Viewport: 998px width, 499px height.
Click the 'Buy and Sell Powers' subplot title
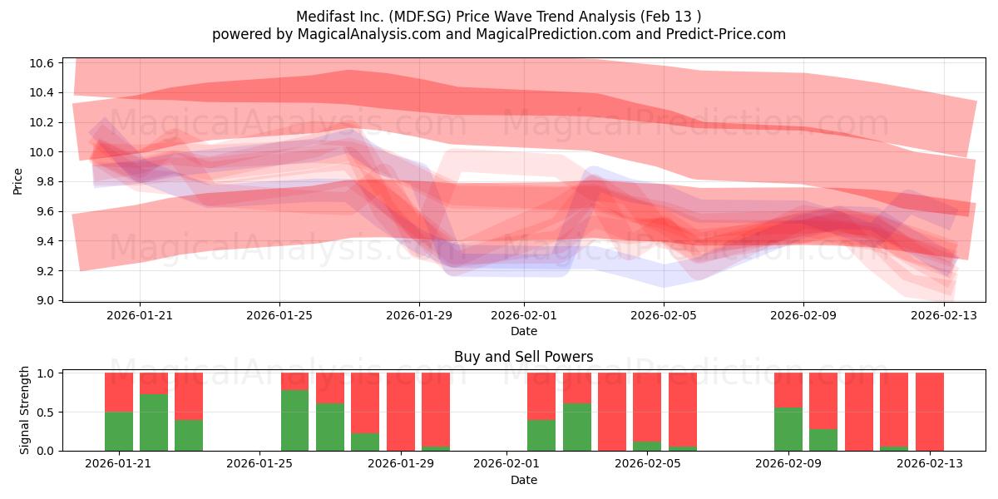point(523,357)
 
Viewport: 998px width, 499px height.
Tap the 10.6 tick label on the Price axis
point(42,63)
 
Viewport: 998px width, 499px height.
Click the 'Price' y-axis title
point(17,181)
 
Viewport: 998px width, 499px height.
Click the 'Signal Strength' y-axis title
point(24,410)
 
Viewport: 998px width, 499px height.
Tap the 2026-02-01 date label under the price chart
point(523,315)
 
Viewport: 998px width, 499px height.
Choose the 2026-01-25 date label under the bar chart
point(259,463)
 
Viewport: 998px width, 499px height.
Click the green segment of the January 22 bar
point(154,422)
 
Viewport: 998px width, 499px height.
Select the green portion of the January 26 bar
point(294,421)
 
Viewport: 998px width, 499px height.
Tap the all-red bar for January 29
point(401,412)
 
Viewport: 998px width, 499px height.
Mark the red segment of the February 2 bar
point(541,397)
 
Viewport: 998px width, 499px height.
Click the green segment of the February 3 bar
point(577,427)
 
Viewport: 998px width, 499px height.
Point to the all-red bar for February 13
point(930,412)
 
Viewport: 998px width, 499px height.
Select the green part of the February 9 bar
point(788,429)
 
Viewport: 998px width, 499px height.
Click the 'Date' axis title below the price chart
point(523,331)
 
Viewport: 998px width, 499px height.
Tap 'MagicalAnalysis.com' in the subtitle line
point(369,34)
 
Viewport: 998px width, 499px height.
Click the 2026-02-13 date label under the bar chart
point(930,463)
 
